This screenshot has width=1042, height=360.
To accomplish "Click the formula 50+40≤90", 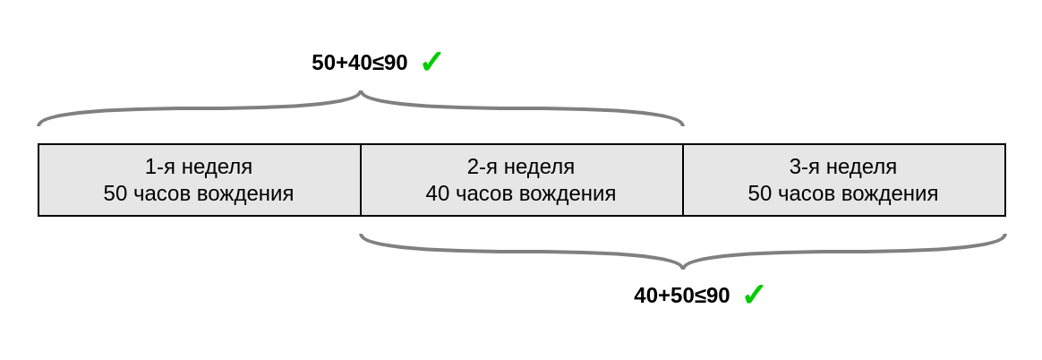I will (359, 63).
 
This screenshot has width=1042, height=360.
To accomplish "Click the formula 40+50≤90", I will (681, 296).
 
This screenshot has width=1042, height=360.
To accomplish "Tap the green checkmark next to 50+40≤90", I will (431, 62).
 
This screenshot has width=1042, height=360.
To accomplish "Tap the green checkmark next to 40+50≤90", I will (753, 295).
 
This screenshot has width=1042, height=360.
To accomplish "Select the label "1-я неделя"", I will (199, 167).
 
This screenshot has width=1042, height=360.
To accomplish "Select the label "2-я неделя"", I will (521, 167).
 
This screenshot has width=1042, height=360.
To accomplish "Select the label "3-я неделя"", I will (843, 167).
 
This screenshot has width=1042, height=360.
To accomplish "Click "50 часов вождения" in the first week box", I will (199, 193).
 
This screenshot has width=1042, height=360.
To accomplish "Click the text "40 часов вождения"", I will (521, 193).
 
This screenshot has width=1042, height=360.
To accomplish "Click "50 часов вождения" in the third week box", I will (843, 193).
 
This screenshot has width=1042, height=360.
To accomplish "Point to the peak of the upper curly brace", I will (361, 92).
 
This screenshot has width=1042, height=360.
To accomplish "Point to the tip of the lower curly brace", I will (683, 267).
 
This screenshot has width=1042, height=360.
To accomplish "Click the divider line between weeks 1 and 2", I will (361, 180).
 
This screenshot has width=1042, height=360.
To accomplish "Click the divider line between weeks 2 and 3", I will (683, 180).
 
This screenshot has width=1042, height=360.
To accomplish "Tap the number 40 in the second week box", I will (437, 193).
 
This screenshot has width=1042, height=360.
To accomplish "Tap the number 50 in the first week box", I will (115, 193).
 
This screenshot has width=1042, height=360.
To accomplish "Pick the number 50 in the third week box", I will (759, 193).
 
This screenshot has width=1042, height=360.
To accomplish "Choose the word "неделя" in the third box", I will (861, 167).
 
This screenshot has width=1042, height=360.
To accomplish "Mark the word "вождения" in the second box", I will (572, 193).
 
